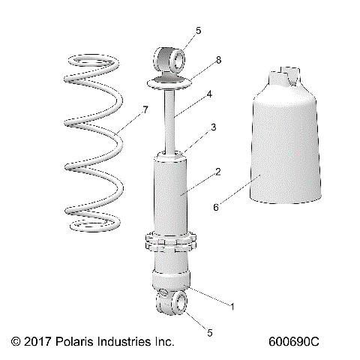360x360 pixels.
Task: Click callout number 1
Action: [x=232, y=306]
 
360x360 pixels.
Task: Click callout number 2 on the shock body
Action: [x=217, y=172]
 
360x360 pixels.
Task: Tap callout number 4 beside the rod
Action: [x=210, y=95]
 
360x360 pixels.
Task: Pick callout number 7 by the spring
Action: [x=145, y=110]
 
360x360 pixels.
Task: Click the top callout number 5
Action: [x=198, y=31]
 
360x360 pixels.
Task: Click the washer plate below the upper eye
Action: [x=169, y=82]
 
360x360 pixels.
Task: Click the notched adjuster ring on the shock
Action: [x=172, y=244]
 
